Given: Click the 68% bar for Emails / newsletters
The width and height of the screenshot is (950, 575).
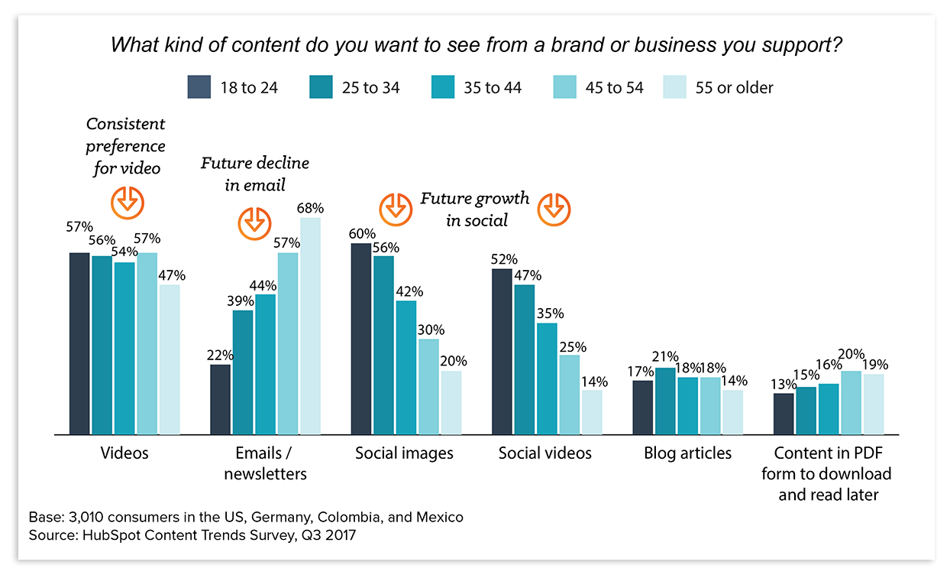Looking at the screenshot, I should pyautogui.click(x=310, y=326).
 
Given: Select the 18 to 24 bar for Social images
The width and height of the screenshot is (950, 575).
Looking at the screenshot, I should pyautogui.click(x=361, y=339).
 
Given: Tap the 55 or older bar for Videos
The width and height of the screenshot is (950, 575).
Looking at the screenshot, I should pyautogui.click(x=170, y=359).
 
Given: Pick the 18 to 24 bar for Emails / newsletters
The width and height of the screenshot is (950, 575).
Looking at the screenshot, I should pyautogui.click(x=220, y=399).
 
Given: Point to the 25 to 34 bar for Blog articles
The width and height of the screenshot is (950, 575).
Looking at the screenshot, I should pyautogui.click(x=665, y=401).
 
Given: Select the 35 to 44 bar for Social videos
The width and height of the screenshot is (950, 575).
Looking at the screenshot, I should pyautogui.click(x=547, y=378).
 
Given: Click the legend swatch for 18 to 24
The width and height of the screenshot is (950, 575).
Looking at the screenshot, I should pyautogui.click(x=199, y=87).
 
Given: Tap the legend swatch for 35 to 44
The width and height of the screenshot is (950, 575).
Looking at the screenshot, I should pyautogui.click(x=443, y=87).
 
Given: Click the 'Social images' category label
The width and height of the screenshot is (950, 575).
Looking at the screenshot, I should pyautogui.click(x=404, y=453).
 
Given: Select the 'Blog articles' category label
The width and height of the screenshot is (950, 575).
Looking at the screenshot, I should pyautogui.click(x=687, y=453).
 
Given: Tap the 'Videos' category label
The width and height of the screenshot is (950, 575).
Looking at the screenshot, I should pyautogui.click(x=124, y=453).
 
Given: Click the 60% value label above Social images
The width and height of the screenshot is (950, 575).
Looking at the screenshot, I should pyautogui.click(x=363, y=233).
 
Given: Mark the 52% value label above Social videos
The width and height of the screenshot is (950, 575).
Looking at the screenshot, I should pyautogui.click(x=504, y=258).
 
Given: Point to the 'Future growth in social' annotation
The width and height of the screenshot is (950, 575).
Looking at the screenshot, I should pyautogui.click(x=474, y=210).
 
